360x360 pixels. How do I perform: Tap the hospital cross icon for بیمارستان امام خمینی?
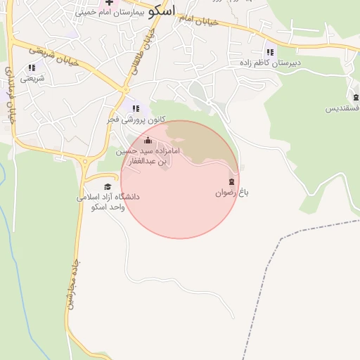[109, 3]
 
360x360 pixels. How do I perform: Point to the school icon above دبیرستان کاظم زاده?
[269, 52]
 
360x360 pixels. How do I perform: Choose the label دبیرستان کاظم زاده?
[269, 63]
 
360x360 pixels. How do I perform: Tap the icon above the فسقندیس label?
[356, 97]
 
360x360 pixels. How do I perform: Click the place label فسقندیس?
[343, 108]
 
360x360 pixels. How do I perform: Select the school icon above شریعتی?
[32, 67]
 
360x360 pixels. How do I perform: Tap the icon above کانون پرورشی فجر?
[136, 108]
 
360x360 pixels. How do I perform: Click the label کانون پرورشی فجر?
[136, 120]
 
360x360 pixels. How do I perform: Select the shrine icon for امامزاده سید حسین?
[148, 140]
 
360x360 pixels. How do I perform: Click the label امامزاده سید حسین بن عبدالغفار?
[148, 156]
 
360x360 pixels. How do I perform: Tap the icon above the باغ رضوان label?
[232, 181]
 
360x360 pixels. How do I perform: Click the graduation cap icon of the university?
[108, 186]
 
